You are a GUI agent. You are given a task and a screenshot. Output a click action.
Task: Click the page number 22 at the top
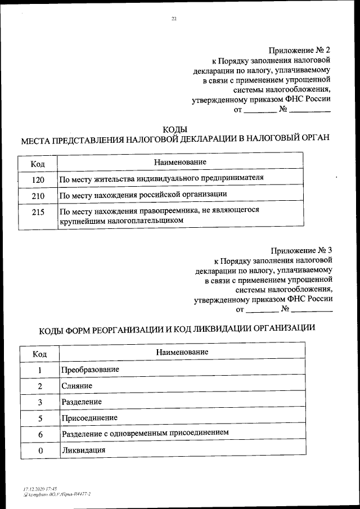coord(174,19)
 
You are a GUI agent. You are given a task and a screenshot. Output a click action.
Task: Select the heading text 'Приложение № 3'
coord(301,250)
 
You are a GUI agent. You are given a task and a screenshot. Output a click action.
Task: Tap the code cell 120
coord(38,179)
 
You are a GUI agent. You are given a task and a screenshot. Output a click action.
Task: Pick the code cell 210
coord(38,195)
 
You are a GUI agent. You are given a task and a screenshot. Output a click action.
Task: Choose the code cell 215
coord(38,215)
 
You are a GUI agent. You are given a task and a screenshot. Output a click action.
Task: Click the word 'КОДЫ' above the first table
coord(174,129)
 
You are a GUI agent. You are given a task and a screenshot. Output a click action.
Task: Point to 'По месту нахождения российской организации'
coord(143,195)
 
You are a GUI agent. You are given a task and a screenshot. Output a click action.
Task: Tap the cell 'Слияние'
coord(76,386)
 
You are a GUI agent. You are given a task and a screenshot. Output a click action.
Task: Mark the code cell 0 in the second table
coord(40,451)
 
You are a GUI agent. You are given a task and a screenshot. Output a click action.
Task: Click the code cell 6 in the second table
coord(40,434)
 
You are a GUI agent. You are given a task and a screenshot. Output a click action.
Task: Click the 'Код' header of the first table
coord(38,164)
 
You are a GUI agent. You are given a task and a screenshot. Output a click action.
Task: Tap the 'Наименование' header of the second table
coord(182,352)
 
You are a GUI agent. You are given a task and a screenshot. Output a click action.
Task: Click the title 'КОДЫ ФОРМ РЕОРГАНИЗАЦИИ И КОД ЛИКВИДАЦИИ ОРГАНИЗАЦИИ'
coord(177,329)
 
